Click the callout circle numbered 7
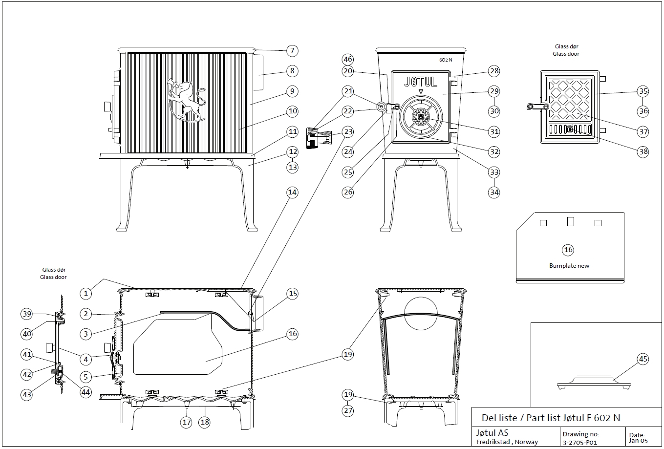click(x=292, y=50)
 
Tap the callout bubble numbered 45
click(x=643, y=359)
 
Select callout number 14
click(x=292, y=192)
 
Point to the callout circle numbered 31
click(x=494, y=131)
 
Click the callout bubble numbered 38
click(x=643, y=151)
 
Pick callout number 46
click(x=347, y=59)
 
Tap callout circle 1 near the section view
click(x=86, y=293)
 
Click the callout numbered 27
click(x=347, y=410)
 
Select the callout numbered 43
click(x=27, y=394)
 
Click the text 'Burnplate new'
click(x=569, y=266)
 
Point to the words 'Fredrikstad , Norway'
click(x=507, y=442)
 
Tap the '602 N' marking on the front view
click(x=446, y=61)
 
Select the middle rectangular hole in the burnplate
click(x=570, y=221)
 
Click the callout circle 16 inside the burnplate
click(x=568, y=250)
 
